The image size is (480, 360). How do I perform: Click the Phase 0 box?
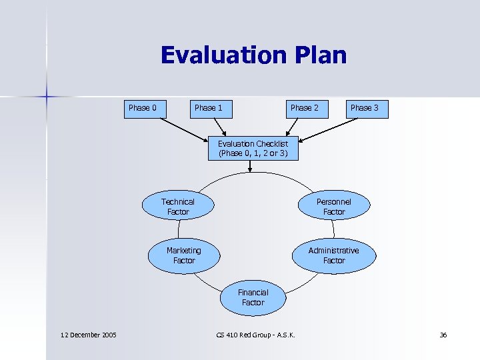tap(143, 108)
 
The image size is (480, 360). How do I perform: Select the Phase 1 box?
tap(209, 108)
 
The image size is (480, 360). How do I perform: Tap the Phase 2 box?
tap(304, 108)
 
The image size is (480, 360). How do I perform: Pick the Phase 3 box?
tap(365, 108)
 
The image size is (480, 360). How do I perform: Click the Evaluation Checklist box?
tap(253, 148)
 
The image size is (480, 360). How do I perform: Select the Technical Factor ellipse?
tap(178, 207)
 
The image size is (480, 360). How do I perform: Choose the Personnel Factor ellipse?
tap(333, 207)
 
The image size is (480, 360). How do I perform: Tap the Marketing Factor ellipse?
tap(183, 255)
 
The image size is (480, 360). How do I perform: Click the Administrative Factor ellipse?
tap(333, 255)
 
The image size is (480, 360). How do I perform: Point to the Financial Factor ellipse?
tap(253, 297)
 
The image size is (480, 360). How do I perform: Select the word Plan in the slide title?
tap(318, 55)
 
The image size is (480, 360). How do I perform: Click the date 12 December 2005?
tap(87, 335)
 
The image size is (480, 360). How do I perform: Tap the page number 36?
tap(443, 335)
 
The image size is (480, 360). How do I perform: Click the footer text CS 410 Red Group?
tap(243, 335)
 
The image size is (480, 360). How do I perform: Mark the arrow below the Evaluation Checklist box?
tap(249, 167)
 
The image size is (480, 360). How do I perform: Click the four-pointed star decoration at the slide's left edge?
tap(47, 97)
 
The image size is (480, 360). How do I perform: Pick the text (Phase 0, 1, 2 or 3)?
tap(253, 153)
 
